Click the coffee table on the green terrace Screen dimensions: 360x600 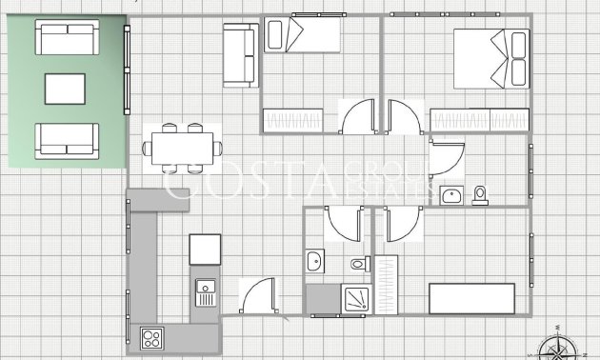[x=66, y=90]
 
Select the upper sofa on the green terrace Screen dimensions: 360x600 [x=67, y=38]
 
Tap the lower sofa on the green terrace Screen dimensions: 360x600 [x=67, y=139]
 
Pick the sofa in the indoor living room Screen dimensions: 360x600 [x=240, y=55]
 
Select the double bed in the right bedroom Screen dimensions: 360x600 [x=491, y=57]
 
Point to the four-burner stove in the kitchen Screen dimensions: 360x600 [x=152, y=337]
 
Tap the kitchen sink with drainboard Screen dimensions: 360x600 [x=206, y=291]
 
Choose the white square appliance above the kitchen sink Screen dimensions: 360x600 [x=205, y=250]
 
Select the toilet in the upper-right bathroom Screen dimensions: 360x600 [x=480, y=195]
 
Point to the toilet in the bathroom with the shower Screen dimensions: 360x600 [x=359, y=263]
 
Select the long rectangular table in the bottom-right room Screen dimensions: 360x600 [x=472, y=297]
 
